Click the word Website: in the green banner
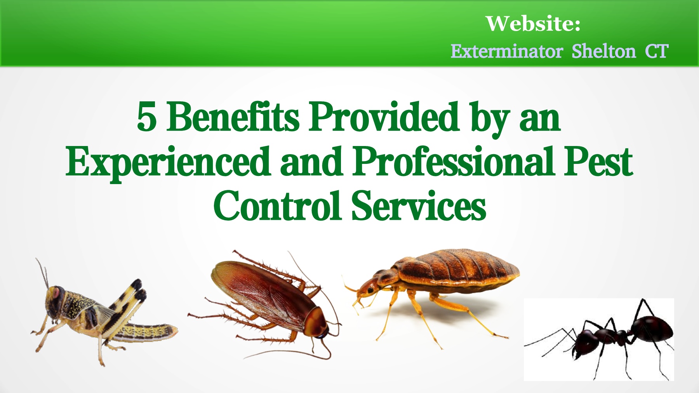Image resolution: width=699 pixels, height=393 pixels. pos(533,24)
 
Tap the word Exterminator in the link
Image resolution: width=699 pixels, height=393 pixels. pos(507,51)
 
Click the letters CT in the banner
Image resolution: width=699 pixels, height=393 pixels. pos(657,51)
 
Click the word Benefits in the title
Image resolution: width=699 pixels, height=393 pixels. pos(233,116)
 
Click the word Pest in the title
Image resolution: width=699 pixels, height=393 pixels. pos(598,161)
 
